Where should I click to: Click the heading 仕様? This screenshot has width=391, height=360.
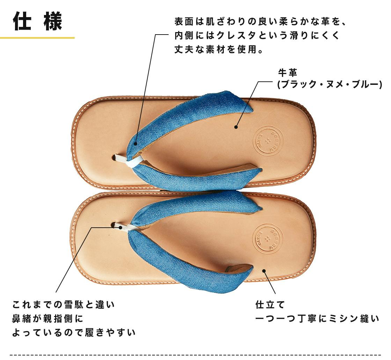37,21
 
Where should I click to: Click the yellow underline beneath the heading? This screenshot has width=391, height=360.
37,38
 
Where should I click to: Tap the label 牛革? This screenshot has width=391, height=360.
288,73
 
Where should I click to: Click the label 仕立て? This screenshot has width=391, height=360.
270,304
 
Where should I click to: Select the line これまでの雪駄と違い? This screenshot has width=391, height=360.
64,304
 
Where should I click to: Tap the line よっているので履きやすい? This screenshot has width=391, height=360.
74,332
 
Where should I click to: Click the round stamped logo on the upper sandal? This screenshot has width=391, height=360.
267,141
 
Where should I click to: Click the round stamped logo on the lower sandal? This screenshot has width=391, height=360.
267,238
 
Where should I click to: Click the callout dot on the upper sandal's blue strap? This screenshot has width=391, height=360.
135,144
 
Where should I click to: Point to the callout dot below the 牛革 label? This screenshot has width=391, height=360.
236,127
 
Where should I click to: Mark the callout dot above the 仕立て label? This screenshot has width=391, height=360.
264,271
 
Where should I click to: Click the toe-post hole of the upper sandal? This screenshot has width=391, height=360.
115,157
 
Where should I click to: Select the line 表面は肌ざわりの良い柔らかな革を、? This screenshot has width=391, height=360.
260,21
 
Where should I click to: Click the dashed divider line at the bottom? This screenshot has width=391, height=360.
195,354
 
